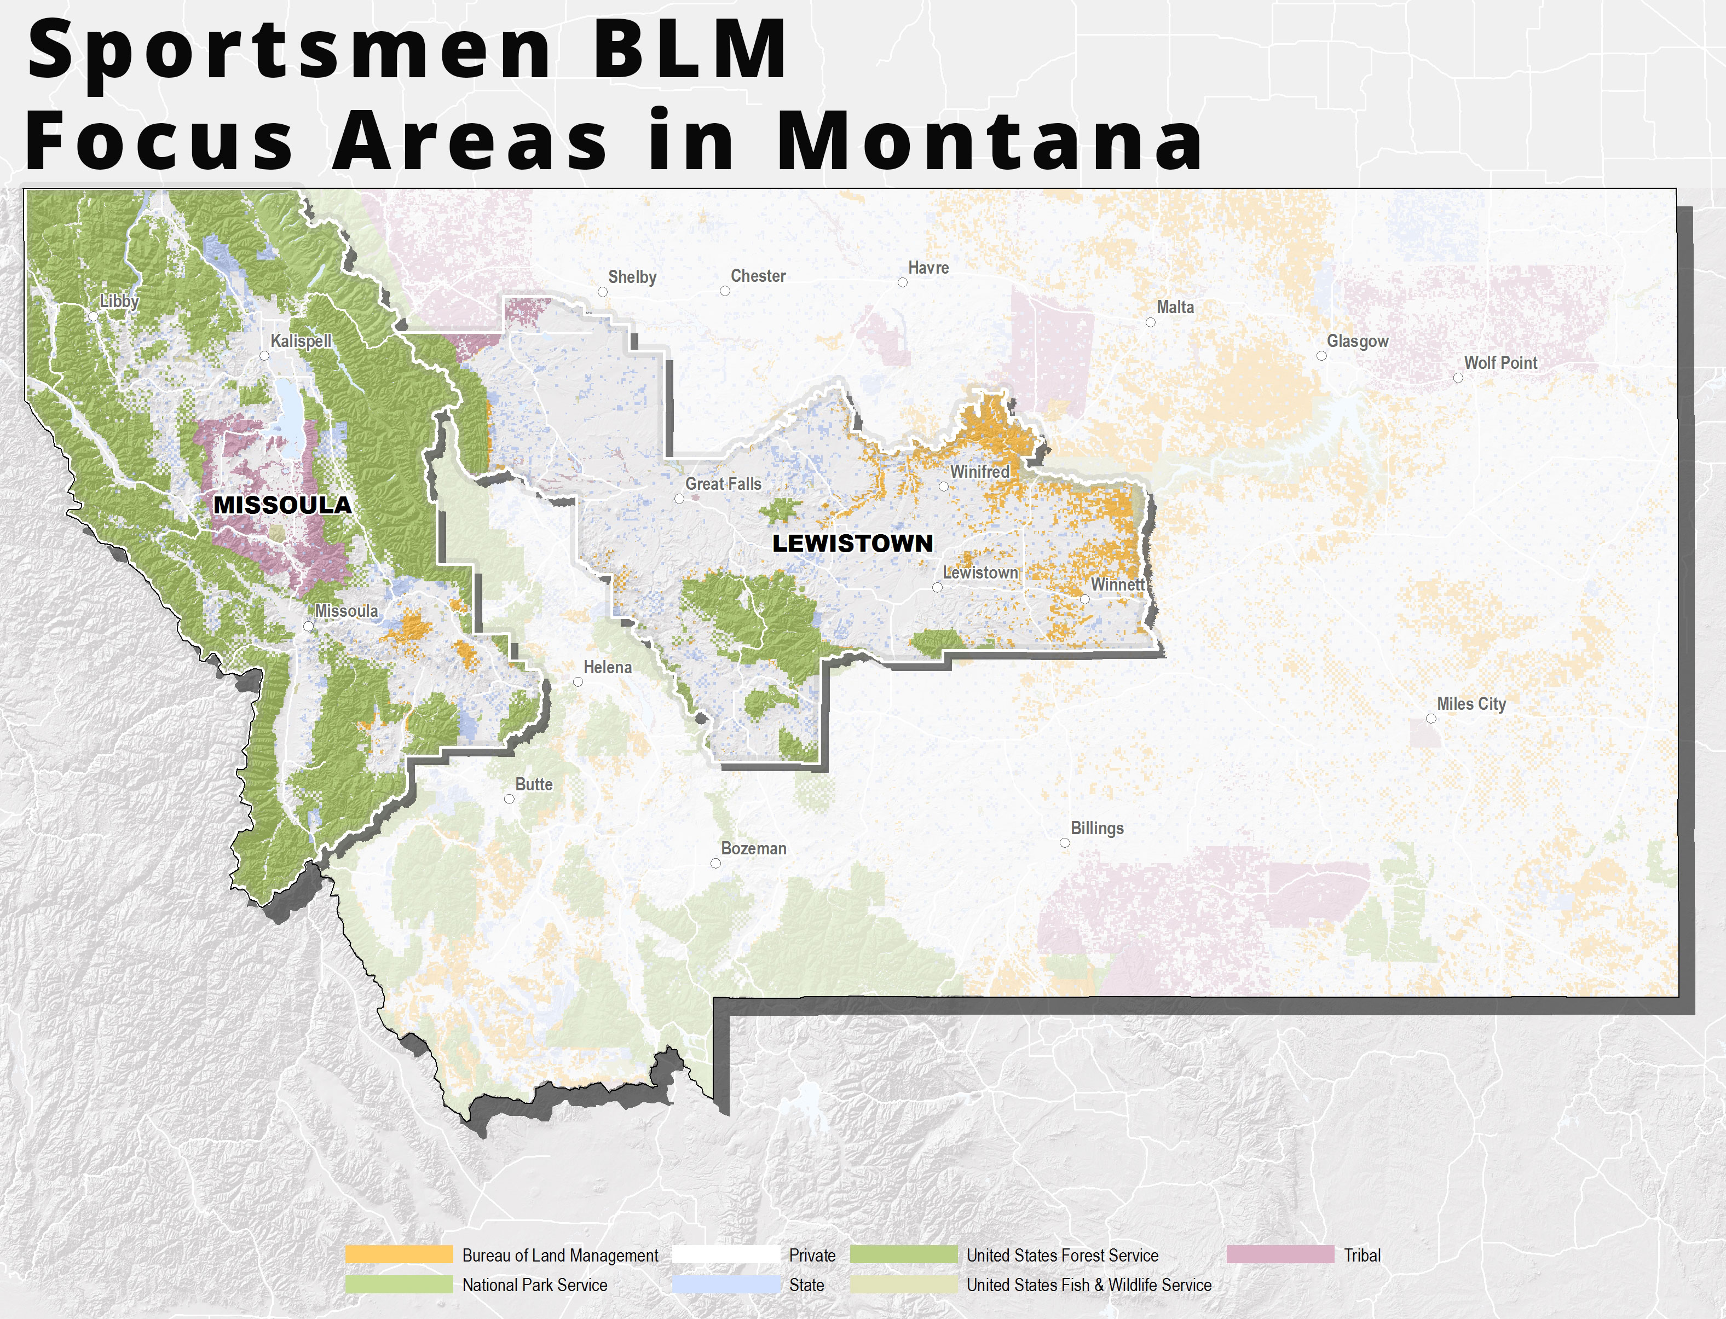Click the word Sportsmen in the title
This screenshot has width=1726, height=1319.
291,51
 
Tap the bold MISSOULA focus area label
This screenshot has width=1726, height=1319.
282,505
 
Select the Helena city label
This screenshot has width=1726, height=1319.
607,667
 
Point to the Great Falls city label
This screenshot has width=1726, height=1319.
723,484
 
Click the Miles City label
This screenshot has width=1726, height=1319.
1471,703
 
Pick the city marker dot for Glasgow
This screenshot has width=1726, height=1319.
1321,356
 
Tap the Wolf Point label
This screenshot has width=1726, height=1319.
1500,363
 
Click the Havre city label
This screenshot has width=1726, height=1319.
928,268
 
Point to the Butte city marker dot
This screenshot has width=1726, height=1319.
509,799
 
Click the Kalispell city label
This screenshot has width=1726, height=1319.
301,341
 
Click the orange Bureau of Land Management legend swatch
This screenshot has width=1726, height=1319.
399,1254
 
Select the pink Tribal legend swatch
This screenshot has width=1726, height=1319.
1280,1254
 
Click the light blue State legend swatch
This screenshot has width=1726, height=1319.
726,1285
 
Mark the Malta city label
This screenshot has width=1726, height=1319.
1175,307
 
